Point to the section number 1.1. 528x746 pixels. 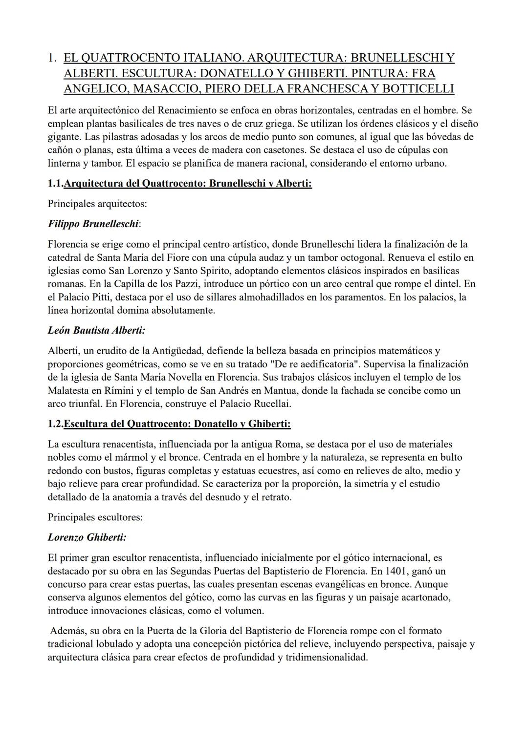(x=55, y=184)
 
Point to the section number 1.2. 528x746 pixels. (x=55, y=424)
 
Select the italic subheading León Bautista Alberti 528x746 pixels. (x=96, y=330)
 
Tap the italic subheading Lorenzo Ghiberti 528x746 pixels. (x=87, y=537)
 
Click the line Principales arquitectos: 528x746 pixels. (x=97, y=204)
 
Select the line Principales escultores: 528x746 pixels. (x=95, y=517)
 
